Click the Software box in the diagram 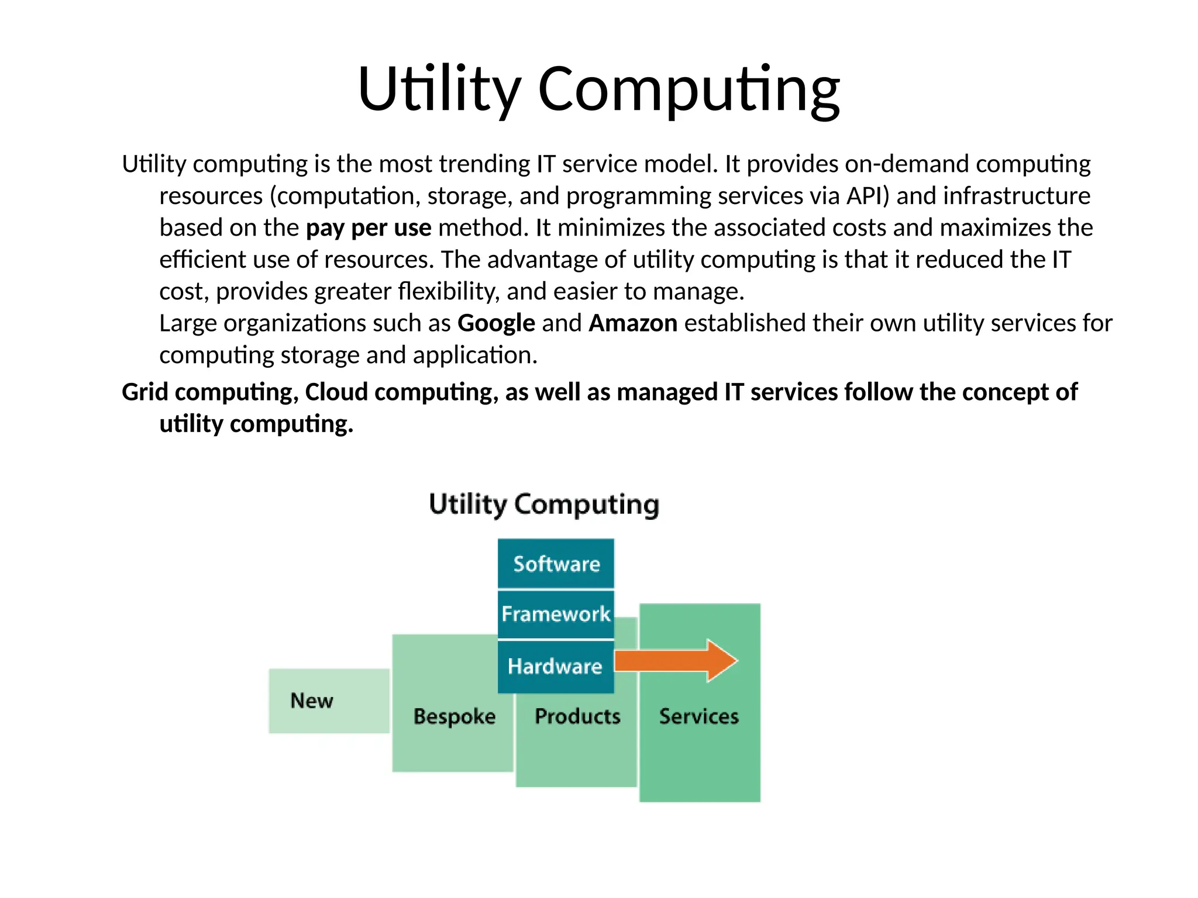556,564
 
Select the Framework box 556,614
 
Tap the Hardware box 555,666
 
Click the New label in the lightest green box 312,700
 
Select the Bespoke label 454,716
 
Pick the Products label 577,716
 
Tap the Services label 699,716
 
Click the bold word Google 496,323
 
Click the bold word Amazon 633,323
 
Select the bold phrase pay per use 369,227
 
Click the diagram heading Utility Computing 544,504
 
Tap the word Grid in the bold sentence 145,392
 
